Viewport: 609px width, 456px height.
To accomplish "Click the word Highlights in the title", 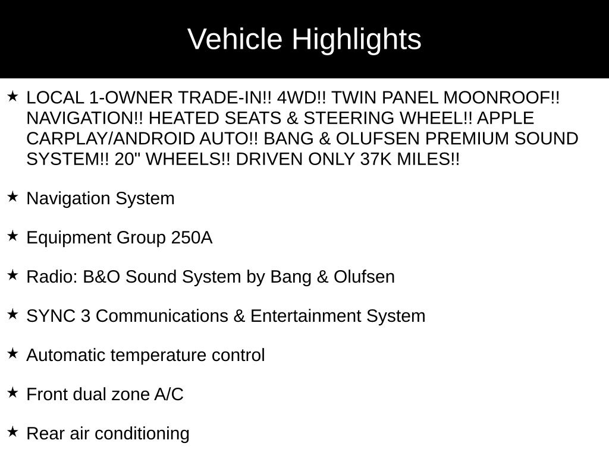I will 356,40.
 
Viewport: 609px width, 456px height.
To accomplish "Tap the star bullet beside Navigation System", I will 12,197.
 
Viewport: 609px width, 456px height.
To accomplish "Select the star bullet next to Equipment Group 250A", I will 12,236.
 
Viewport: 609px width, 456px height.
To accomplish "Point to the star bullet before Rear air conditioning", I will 12,432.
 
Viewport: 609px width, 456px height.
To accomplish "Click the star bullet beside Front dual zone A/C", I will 12,392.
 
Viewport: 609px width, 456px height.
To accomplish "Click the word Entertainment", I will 306,316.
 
